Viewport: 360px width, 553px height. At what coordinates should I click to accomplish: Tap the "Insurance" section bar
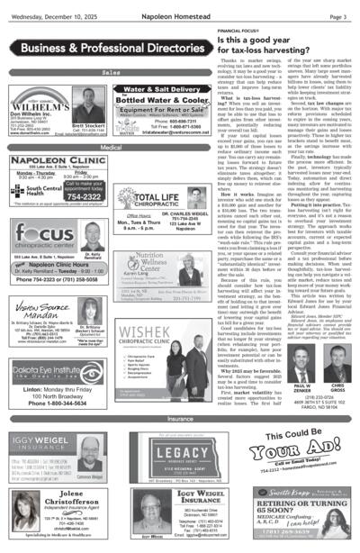pyautogui.click(x=180, y=419)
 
